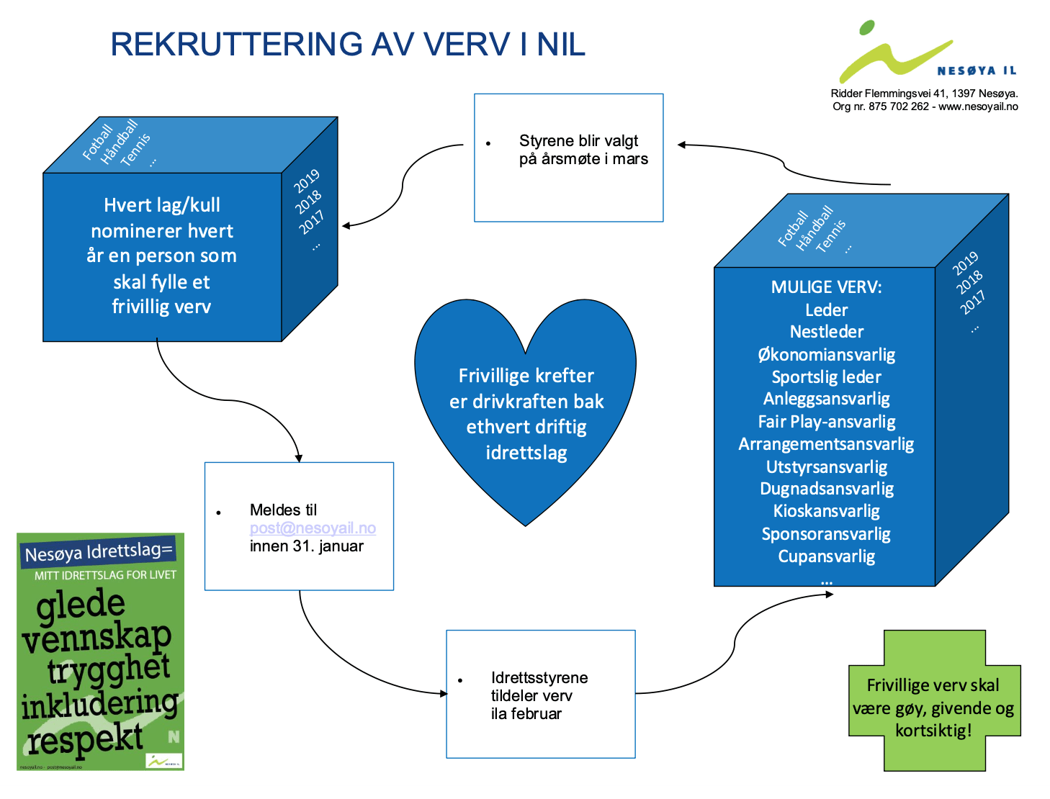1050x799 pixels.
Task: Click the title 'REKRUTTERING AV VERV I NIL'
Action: [x=348, y=45]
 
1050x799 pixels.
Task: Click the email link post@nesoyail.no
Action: [x=313, y=528]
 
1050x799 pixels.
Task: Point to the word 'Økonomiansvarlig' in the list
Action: [x=826, y=355]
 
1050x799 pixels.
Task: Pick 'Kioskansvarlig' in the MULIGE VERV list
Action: [x=826, y=511]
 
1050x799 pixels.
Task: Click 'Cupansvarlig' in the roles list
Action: [x=826, y=556]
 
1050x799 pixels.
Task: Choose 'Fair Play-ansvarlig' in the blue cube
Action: [x=826, y=422]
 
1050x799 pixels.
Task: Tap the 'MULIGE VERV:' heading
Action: [x=826, y=287]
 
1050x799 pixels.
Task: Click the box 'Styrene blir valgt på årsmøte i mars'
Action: [x=569, y=158]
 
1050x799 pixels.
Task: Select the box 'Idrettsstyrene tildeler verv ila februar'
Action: [x=540, y=695]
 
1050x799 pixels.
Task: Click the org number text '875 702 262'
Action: [x=899, y=107]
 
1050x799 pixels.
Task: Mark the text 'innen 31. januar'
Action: [x=306, y=546]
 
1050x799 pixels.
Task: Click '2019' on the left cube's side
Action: [x=306, y=181]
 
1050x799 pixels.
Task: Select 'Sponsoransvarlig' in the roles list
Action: [x=826, y=534]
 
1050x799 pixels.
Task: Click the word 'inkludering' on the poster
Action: [x=99, y=704]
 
